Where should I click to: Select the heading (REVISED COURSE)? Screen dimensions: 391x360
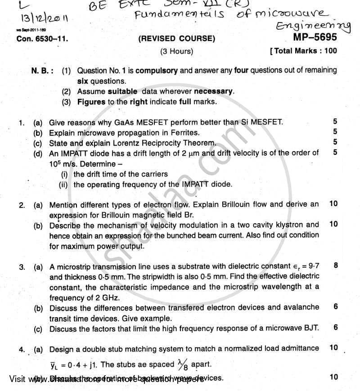pyautogui.click(x=177, y=39)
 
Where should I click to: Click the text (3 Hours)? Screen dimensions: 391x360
pyautogui.click(x=177, y=51)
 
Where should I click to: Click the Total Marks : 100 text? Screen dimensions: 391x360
pyautogui.click(x=305, y=51)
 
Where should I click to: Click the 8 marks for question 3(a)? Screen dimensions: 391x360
pyautogui.click(x=336, y=265)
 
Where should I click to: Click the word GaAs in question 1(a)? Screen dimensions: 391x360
pyautogui.click(x=115, y=122)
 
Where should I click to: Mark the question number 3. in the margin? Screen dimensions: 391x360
pyautogui.click(x=22, y=267)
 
